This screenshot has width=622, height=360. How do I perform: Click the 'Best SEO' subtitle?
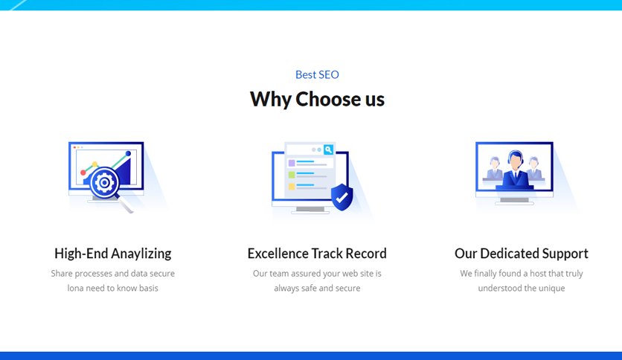(317, 74)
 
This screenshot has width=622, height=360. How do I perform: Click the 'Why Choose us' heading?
(317, 99)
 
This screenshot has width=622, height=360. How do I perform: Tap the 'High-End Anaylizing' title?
(112, 254)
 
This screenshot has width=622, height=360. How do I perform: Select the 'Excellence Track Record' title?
(317, 254)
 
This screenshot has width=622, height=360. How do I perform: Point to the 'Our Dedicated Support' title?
(522, 254)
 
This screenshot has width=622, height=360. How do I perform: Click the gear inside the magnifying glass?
(104, 183)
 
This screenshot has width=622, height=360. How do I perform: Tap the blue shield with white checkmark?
(342, 196)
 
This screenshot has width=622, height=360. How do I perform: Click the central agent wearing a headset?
(515, 170)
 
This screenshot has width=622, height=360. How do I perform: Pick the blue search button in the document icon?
(328, 150)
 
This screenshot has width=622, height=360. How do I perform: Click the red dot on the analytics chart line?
(83, 173)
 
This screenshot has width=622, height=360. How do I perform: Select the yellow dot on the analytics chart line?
(94, 164)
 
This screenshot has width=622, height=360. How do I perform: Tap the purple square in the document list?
(292, 163)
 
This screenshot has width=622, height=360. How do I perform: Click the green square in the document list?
(292, 175)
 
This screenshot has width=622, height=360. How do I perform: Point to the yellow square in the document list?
(292, 187)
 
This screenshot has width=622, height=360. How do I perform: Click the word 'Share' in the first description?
(62, 274)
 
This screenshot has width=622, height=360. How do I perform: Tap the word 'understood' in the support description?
(495, 289)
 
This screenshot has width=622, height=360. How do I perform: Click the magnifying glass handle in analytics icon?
(126, 205)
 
